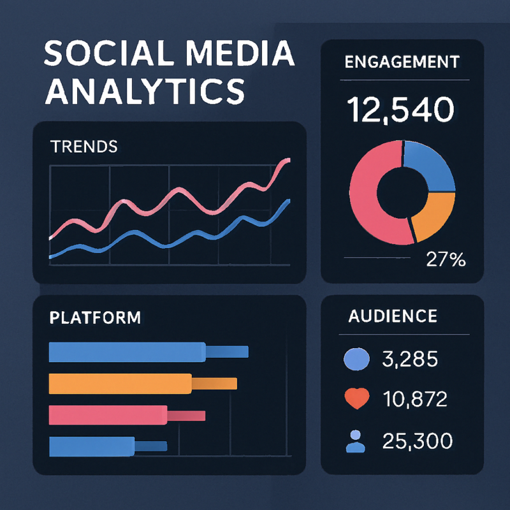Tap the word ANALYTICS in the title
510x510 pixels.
[x=145, y=91]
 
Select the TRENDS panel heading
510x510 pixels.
[x=83, y=146]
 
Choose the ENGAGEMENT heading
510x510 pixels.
[x=402, y=62]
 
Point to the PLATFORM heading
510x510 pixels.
[x=95, y=317]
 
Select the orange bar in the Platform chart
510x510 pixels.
[x=121, y=382]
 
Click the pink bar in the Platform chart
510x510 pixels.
[x=108, y=415]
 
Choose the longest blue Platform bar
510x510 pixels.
[x=127, y=351]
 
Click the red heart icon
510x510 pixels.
[x=356, y=399]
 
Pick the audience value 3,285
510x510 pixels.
[x=410, y=360]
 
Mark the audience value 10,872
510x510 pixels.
[x=415, y=400]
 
